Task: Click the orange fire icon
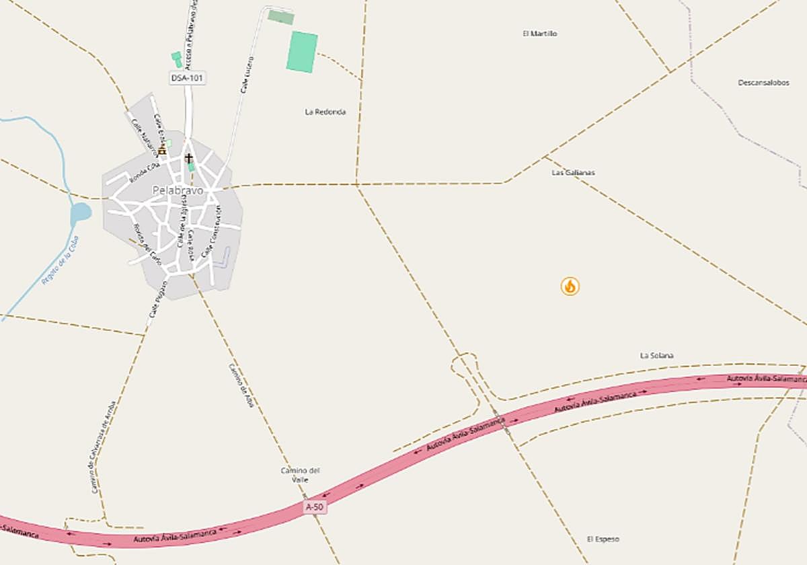pos(570,287)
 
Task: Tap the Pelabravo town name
pos(178,190)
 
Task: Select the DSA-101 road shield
pos(187,78)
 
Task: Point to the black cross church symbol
pos(189,157)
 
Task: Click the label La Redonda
pos(325,112)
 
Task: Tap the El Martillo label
pos(540,34)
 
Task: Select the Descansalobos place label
pos(763,83)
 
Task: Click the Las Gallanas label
pos(573,172)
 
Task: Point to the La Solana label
pos(656,355)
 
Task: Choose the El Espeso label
pos(603,539)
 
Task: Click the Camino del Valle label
pos(300,474)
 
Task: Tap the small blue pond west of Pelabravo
pos(80,213)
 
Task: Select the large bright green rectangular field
pos(302,52)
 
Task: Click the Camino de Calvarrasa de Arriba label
pos(103,447)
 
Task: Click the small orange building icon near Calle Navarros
pos(161,151)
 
